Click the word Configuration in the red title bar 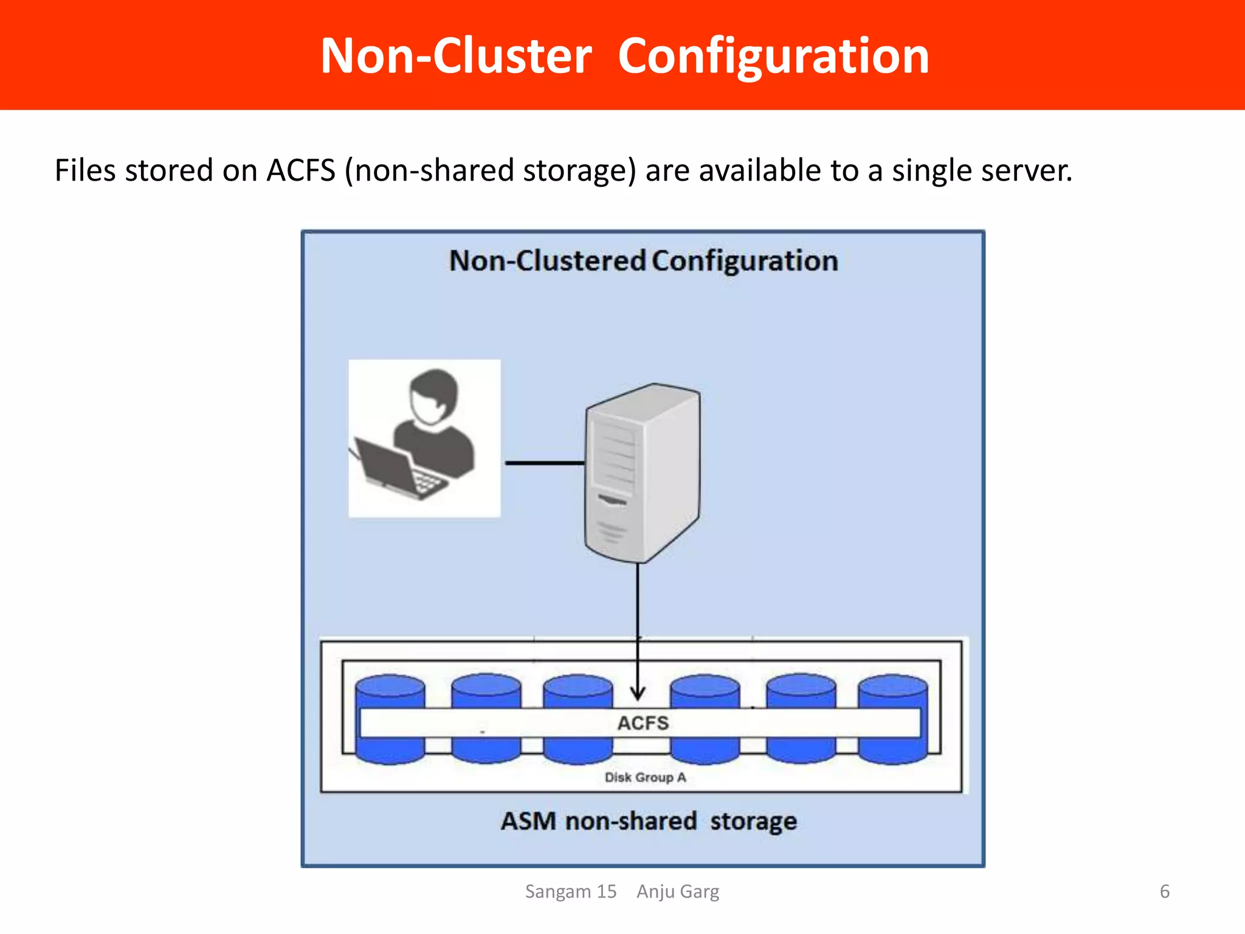point(773,56)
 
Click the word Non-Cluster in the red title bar point(456,56)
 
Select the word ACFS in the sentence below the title point(301,170)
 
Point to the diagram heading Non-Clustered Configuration point(643,261)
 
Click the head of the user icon point(433,396)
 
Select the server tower point(641,471)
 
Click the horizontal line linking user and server point(544,463)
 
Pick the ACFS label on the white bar point(643,723)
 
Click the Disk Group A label point(645,777)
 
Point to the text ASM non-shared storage point(649,821)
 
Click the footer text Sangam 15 point(570,891)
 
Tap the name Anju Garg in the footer point(678,891)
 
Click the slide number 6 point(1164,891)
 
